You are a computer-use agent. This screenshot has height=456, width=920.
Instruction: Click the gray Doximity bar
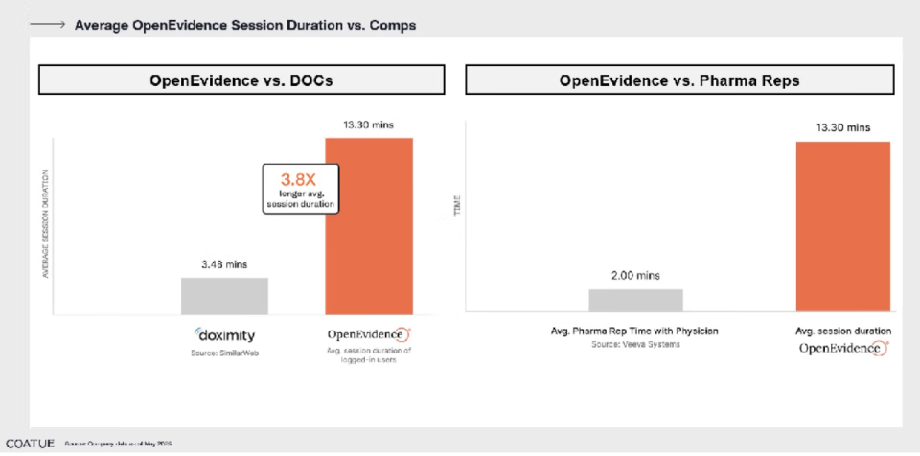tap(224, 296)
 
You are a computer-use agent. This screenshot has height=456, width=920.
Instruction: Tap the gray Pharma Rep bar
tap(635, 300)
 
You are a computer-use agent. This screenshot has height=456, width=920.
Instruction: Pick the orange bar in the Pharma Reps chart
tap(842, 226)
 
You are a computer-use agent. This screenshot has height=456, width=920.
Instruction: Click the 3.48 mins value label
tap(224, 263)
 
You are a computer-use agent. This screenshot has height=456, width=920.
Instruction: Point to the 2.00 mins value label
tap(635, 275)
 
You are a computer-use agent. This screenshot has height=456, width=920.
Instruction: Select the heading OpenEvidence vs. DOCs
tap(241, 80)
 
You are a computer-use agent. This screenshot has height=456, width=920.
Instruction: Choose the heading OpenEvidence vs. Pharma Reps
tap(679, 80)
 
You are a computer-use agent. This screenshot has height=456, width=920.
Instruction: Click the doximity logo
tap(225, 335)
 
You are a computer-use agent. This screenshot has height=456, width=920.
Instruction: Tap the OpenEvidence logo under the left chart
tap(369, 335)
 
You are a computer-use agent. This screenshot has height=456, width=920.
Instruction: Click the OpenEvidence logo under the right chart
tap(843, 348)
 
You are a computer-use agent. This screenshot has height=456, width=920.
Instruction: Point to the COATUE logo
tap(29, 444)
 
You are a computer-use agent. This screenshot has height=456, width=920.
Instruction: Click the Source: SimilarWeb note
tap(225, 353)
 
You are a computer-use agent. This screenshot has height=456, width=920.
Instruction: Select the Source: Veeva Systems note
tap(634, 344)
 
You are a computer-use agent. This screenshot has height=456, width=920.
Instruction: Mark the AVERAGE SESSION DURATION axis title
tap(45, 223)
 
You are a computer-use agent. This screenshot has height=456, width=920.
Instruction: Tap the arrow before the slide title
tap(48, 25)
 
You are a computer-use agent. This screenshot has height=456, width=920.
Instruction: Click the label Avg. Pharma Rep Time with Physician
tap(634, 331)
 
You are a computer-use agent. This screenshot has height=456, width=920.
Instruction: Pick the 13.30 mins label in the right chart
tap(843, 127)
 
